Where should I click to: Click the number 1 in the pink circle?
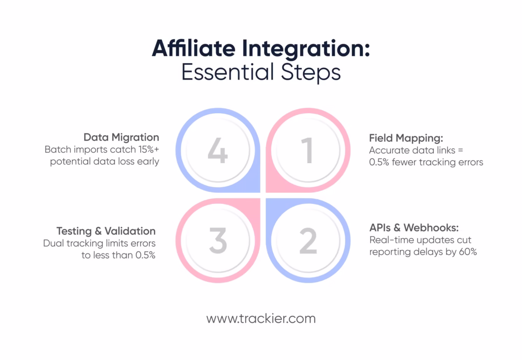pyautogui.click(x=307, y=150)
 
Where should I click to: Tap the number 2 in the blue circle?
pyautogui.click(x=308, y=241)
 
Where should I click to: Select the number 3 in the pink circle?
pyautogui.click(x=218, y=241)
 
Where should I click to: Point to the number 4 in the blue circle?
pyautogui.click(x=218, y=150)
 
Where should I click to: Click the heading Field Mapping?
pyautogui.click(x=406, y=138)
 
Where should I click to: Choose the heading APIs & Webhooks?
pyautogui.click(x=414, y=228)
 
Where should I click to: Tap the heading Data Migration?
pyautogui.click(x=121, y=137)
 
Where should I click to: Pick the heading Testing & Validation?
pyautogui.click(x=106, y=231)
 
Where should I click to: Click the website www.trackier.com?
pyautogui.click(x=261, y=319)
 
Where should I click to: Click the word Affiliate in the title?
pyautogui.click(x=194, y=48)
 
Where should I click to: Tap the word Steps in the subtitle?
pyautogui.click(x=311, y=73)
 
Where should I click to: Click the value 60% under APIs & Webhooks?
pyautogui.click(x=468, y=252)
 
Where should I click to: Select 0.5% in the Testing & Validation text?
pyautogui.click(x=145, y=255)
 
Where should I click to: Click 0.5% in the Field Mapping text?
pyautogui.click(x=379, y=162)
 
